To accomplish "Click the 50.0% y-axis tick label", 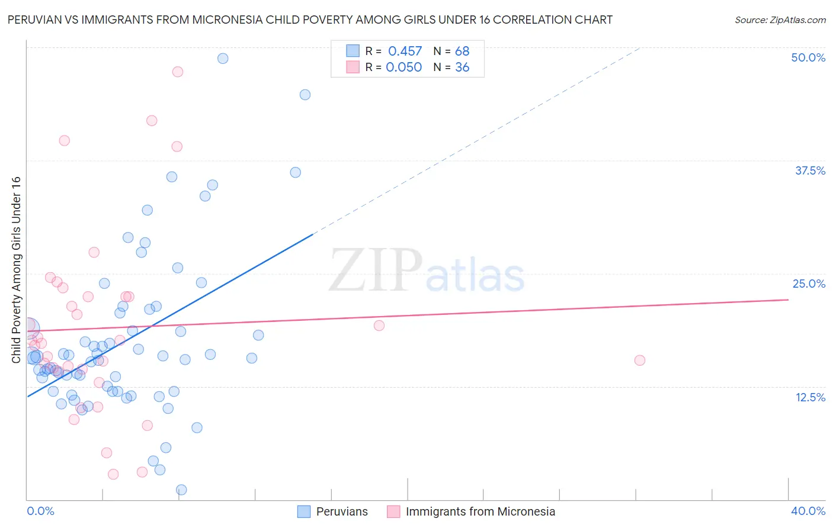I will pos(808,57).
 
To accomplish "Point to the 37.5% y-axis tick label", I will pos(810,170).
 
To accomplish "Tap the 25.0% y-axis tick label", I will pos(809,284).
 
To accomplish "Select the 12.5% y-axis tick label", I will pos(810,397).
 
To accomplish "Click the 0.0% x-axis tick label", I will pos(40,511).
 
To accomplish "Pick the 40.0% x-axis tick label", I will pos(808,511).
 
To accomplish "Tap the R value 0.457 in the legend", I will pos(405,51).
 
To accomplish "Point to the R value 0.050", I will pos(403,67).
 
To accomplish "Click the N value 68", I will pos(462,51).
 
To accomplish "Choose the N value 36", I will pos(462,67).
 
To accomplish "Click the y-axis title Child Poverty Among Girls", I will pos(16,269).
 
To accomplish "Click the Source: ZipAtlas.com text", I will pos(780,20).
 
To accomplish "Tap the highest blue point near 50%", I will pos(223,58).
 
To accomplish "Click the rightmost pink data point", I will pos(639,360).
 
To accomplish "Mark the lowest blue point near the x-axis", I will pos(181,490).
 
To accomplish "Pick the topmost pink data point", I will pos(178,72).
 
